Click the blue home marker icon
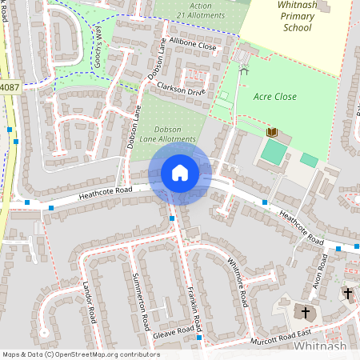(179, 172)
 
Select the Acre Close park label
(274, 97)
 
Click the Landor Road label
(88, 298)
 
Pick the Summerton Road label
(140, 308)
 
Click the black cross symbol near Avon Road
(347, 294)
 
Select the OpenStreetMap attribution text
(81, 354)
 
